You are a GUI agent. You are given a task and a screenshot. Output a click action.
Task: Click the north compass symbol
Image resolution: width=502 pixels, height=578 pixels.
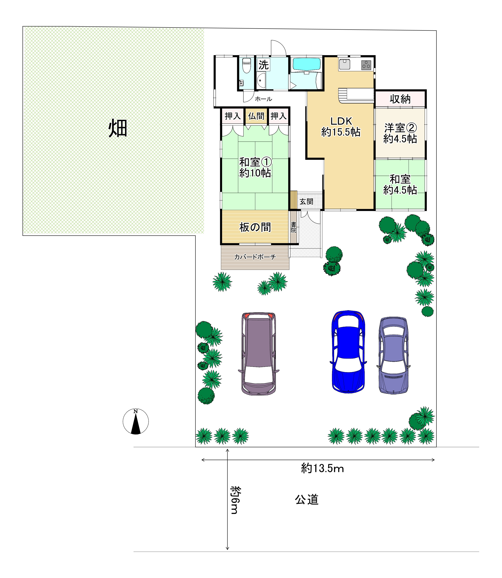(x=136, y=422)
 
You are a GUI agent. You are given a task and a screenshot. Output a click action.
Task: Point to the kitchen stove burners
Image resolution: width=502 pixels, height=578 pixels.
(x=366, y=65)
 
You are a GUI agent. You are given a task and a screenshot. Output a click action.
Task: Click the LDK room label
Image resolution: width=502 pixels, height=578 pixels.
(x=341, y=121)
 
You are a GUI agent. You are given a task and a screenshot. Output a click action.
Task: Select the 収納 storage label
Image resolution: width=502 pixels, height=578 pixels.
(x=400, y=99)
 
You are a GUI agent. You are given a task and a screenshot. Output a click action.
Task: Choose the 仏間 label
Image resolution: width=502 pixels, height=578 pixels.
(x=256, y=116)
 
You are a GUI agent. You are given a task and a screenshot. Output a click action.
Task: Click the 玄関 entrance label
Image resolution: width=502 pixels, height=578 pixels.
(x=306, y=201)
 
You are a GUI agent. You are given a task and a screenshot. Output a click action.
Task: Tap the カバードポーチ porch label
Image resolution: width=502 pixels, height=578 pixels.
(x=255, y=257)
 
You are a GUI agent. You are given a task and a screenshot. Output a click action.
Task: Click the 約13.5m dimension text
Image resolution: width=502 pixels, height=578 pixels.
(x=322, y=468)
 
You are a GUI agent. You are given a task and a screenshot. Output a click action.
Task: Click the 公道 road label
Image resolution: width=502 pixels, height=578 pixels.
(x=307, y=500)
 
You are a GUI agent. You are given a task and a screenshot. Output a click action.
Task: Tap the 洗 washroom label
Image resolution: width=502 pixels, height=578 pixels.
(x=263, y=65)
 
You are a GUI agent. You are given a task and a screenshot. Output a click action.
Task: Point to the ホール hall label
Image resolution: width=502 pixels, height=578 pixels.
(x=263, y=99)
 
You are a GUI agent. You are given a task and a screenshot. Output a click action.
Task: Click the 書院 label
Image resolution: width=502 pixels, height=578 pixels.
(x=293, y=227)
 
